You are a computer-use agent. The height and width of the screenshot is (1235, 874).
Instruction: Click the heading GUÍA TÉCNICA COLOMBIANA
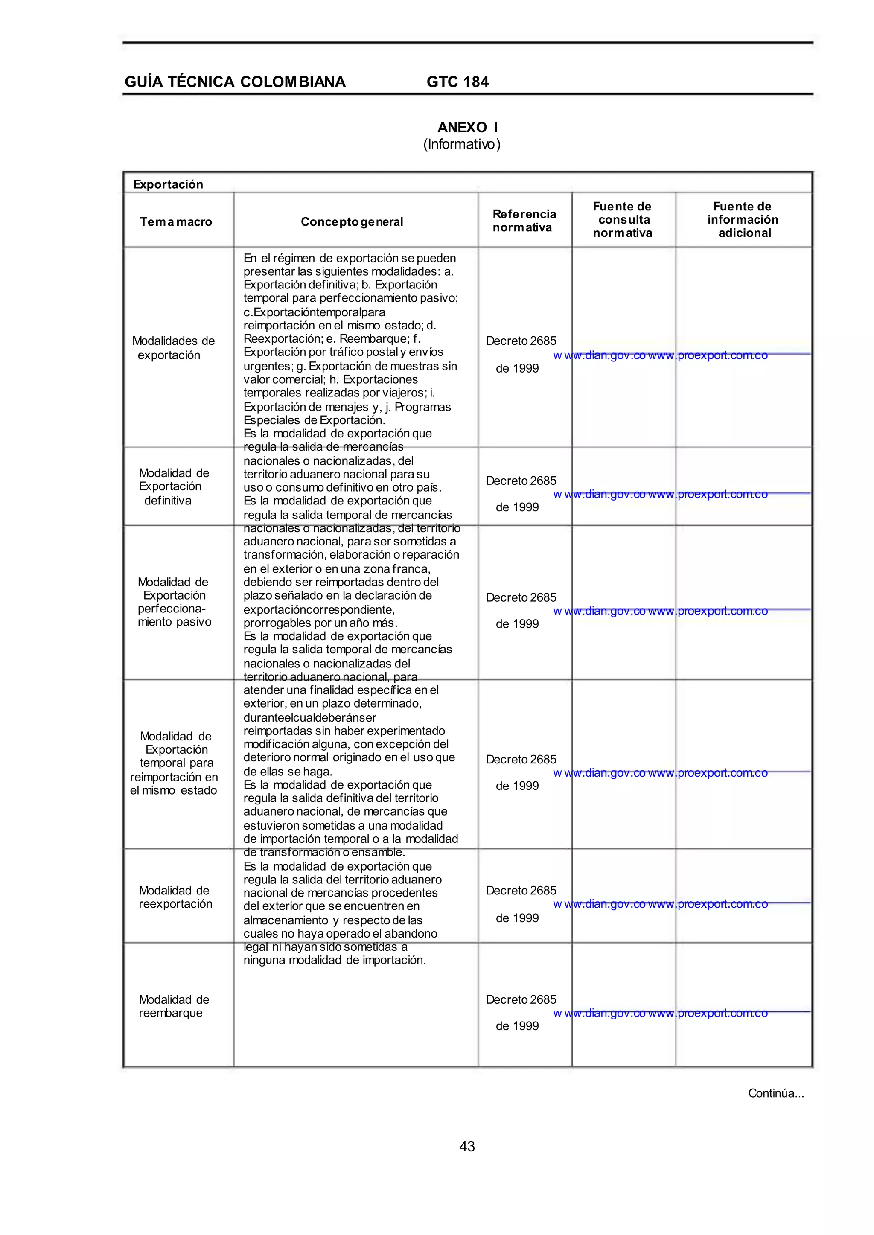[235, 82]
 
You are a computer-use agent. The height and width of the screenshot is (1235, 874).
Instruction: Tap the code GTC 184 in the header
[457, 82]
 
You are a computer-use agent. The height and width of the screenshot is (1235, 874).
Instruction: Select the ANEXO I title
[467, 128]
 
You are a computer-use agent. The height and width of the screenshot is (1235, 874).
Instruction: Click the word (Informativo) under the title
[462, 144]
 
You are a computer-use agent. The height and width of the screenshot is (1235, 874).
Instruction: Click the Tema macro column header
[176, 222]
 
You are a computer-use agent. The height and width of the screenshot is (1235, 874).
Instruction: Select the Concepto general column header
[352, 222]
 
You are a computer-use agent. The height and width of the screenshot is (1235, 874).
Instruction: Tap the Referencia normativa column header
[524, 221]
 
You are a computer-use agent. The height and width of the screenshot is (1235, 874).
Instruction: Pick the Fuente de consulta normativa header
[623, 219]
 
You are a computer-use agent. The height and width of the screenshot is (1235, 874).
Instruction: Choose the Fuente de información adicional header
[743, 219]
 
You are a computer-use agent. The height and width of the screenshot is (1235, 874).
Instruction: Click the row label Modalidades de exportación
[173, 348]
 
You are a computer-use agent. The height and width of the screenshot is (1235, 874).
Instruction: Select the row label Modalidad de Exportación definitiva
[173, 486]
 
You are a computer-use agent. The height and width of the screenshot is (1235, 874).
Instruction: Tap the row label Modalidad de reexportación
[175, 897]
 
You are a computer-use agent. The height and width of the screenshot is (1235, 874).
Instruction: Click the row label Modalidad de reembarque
[173, 1006]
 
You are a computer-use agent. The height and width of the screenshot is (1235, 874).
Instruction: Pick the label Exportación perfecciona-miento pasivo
[173, 602]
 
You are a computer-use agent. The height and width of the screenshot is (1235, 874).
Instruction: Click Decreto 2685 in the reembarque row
[521, 999]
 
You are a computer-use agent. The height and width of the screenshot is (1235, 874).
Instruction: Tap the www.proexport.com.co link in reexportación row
[708, 904]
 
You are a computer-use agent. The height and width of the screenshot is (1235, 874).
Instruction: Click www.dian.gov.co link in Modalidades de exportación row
[600, 356]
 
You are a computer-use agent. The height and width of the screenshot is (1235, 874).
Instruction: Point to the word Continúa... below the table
[775, 1093]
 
